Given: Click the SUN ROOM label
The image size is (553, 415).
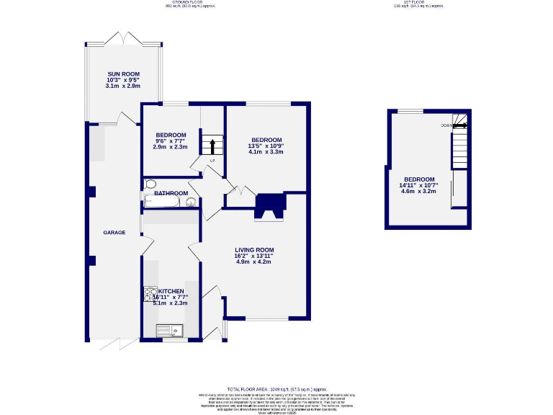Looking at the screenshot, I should click(x=122, y=74).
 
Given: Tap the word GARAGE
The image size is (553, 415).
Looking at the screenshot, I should click(x=114, y=233).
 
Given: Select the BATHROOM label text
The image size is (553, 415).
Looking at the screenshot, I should click(x=171, y=193).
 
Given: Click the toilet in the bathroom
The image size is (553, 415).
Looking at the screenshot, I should click(x=150, y=184).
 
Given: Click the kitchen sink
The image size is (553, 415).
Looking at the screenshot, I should click(x=171, y=331).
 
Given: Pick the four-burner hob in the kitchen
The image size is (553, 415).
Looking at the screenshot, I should click(x=150, y=294).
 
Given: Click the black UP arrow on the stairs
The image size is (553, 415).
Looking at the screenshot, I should click(x=212, y=148).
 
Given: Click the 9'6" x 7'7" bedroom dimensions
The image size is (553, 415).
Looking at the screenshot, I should click(x=171, y=141).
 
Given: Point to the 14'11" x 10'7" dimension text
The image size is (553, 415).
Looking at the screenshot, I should click(x=418, y=186).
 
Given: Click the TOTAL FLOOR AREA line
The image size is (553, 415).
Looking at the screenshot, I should click(x=276, y=388).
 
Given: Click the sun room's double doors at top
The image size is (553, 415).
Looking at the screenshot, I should click(x=122, y=37).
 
